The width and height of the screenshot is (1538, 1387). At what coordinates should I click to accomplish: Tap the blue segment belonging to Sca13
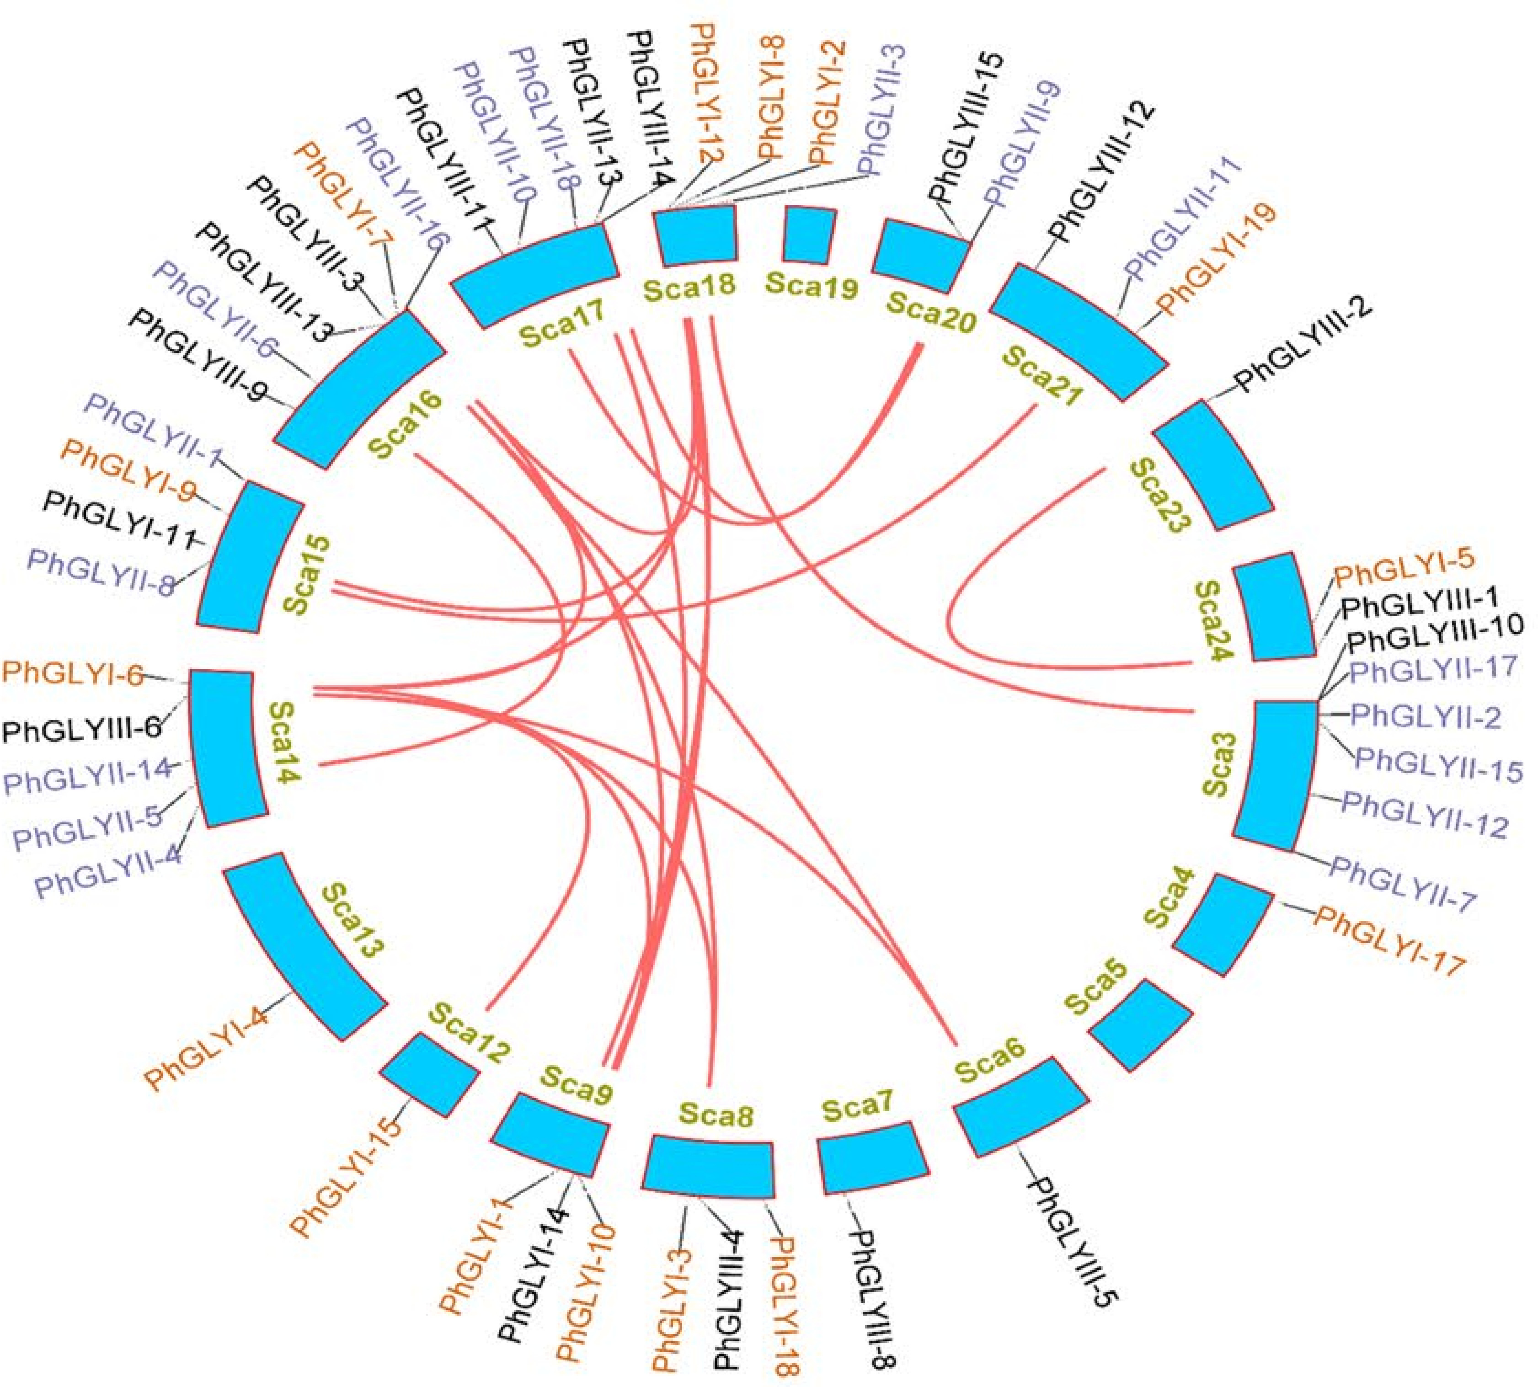coord(303,945)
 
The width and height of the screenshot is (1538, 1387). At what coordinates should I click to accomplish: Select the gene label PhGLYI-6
coord(72,674)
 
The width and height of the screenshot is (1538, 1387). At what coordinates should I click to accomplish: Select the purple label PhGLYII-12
coord(1425,814)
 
